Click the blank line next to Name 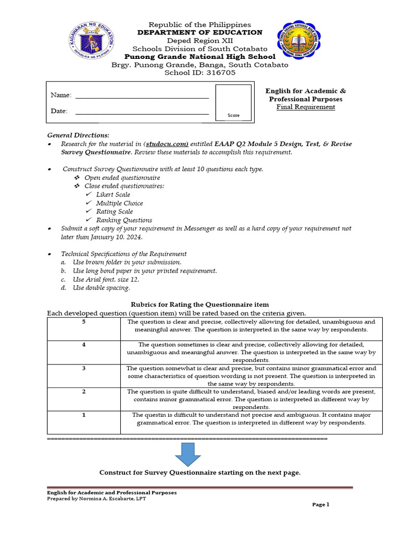click(x=142, y=95)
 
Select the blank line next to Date click(x=142, y=112)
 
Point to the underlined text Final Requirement click(x=306, y=107)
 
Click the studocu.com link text click(x=167, y=144)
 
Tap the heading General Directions click(x=78, y=135)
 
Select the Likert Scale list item click(x=113, y=195)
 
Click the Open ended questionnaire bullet click(x=122, y=178)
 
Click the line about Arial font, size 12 click(x=106, y=279)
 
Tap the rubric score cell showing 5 click(x=83, y=322)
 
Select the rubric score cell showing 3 click(x=83, y=368)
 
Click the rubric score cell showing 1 click(x=83, y=415)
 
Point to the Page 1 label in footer click(x=321, y=504)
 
